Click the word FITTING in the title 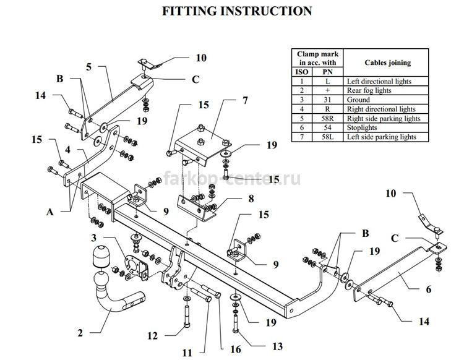(190, 11)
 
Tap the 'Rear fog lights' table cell (385, 90)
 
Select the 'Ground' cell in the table (385, 100)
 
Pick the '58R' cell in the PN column (327, 118)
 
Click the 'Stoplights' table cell (385, 127)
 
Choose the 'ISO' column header (302, 72)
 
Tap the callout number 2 (80, 333)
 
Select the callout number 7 (245, 100)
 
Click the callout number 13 (277, 346)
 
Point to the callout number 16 (236, 349)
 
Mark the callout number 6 (429, 289)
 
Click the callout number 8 (251, 199)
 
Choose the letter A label (50, 212)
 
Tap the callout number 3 (94, 238)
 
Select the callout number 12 (153, 336)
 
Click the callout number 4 (68, 150)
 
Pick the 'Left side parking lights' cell (385, 137)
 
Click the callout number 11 (187, 353)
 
